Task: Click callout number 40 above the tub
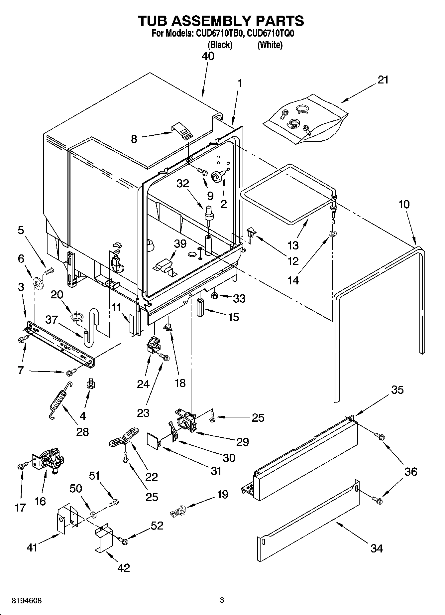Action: (x=208, y=56)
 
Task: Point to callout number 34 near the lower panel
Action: (x=377, y=548)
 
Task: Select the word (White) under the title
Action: (x=270, y=45)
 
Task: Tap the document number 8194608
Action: (x=27, y=601)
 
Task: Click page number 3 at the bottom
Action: (x=222, y=600)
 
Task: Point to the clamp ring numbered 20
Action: (x=77, y=316)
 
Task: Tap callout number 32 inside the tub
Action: (x=182, y=183)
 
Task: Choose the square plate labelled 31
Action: (x=153, y=440)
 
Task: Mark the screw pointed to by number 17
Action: (x=21, y=467)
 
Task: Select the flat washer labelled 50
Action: (x=93, y=515)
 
